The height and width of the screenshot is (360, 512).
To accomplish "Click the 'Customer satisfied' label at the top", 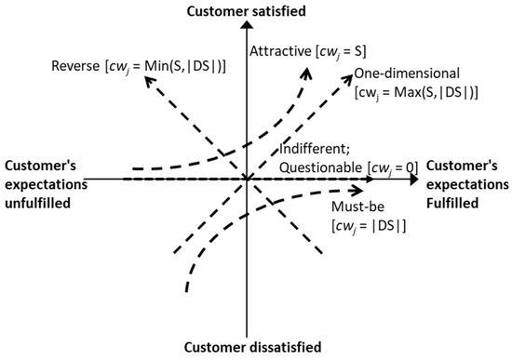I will point(247,11).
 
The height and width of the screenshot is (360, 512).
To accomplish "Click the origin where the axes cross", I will point(247,178).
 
